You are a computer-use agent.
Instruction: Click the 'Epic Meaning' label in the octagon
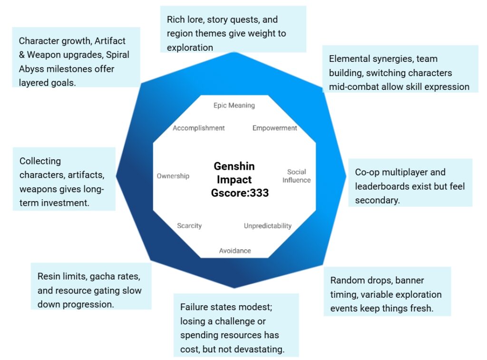234,106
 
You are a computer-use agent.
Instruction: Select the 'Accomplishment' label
199,128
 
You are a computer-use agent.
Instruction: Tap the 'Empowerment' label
275,128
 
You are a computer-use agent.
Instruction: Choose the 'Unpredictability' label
268,226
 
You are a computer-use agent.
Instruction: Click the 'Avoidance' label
235,251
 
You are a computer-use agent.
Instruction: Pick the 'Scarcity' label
189,226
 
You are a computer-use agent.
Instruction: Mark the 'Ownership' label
173,176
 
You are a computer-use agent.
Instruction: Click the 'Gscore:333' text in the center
240,193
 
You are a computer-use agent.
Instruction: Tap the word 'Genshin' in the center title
234,166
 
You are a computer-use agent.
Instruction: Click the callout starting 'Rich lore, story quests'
233,33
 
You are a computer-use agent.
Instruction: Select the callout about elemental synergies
399,72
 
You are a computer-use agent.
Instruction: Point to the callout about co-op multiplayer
410,186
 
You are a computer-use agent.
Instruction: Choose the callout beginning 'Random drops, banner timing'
386,294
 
